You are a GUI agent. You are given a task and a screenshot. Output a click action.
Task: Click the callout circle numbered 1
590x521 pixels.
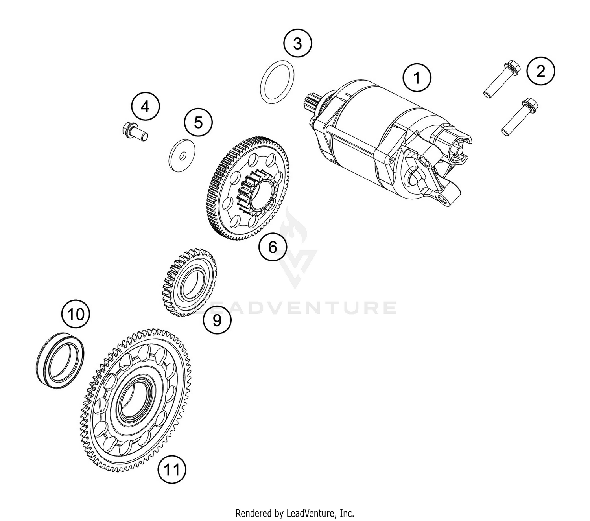[417, 78]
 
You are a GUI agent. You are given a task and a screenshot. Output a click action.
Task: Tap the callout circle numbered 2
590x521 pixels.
[541, 71]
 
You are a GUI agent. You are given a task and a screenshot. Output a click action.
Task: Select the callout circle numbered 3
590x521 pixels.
[298, 43]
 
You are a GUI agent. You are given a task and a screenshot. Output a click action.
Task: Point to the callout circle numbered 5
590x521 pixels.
[198, 122]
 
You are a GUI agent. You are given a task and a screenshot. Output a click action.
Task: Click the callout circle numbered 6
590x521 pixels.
[273, 247]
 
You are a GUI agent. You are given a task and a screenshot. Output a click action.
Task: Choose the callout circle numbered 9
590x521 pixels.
[217, 320]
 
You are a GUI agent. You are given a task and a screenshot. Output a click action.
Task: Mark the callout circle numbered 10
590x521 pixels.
[76, 315]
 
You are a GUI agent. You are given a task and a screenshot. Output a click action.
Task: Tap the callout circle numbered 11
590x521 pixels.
[171, 469]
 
